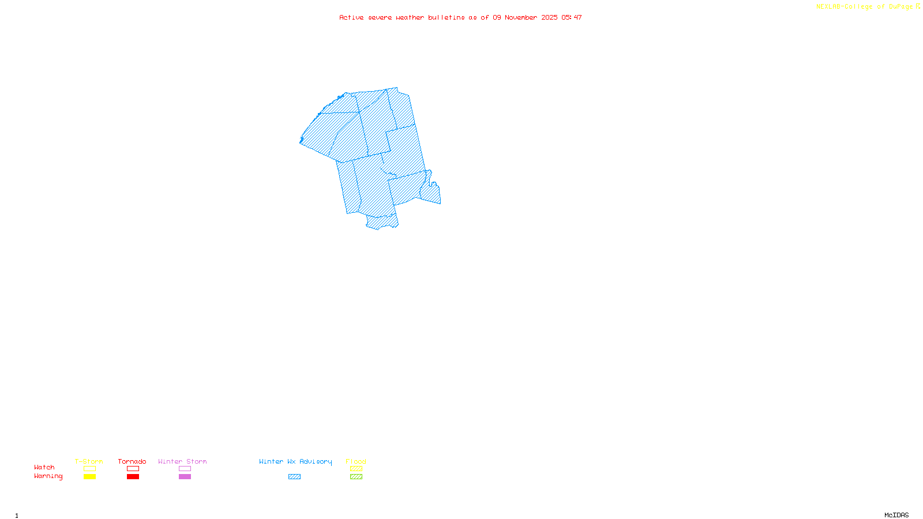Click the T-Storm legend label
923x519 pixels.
pyautogui.click(x=89, y=461)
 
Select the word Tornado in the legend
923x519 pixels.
pyautogui.click(x=132, y=461)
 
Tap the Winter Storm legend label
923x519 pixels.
pyautogui.click(x=182, y=461)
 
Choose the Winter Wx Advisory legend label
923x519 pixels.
pyautogui.click(x=295, y=461)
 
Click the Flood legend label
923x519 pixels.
pyautogui.click(x=356, y=461)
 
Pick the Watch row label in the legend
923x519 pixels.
pyautogui.click(x=44, y=467)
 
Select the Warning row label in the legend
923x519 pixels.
pyautogui.click(x=48, y=476)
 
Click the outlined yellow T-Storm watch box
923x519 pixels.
pyautogui.click(x=89, y=469)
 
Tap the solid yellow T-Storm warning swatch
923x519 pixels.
pyautogui.click(x=89, y=477)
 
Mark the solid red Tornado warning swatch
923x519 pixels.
pyautogui.click(x=133, y=477)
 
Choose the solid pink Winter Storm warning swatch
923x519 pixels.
pyautogui.click(x=185, y=477)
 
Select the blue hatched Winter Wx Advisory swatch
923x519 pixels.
pyautogui.click(x=294, y=477)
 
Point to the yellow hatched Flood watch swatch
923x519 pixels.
pyautogui.click(x=356, y=469)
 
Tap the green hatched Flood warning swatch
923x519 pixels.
pyautogui.click(x=356, y=477)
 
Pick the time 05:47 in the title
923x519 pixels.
pyautogui.click(x=572, y=17)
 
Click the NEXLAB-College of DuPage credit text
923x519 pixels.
pyautogui.click(x=865, y=6)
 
